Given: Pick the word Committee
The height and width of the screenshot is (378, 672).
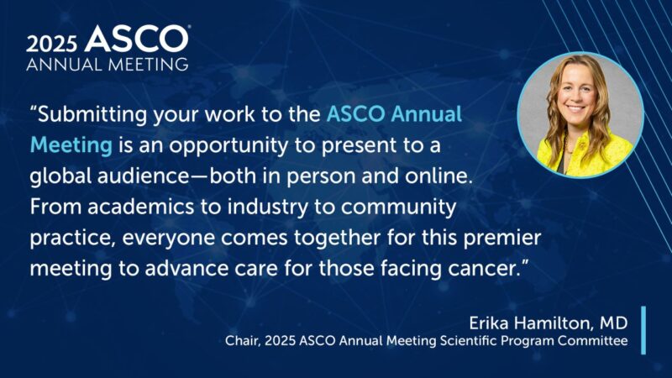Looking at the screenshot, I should [595, 341].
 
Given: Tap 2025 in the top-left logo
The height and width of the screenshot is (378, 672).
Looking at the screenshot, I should [54, 41].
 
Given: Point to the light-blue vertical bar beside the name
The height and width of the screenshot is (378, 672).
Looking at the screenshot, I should [643, 330].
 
